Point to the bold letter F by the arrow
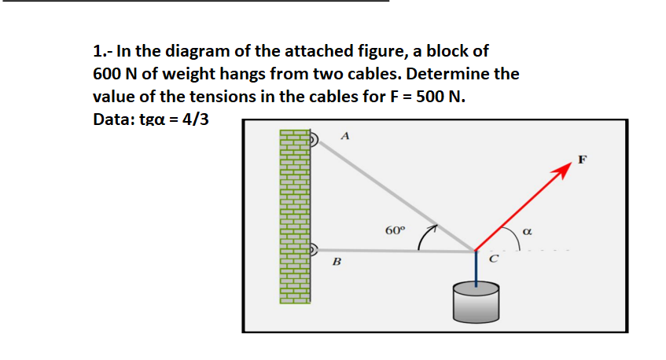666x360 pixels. coord(582,161)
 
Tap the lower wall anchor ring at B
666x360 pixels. coord(314,251)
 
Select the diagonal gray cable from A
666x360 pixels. coord(393,196)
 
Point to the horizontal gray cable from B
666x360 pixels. coord(393,251)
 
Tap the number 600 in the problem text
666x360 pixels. coord(109,75)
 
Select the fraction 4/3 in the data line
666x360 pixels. coord(193,122)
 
